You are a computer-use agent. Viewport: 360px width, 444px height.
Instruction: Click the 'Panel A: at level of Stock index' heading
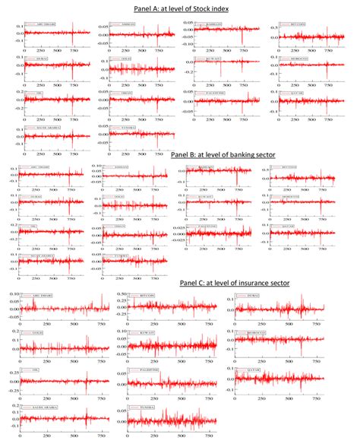[x=179, y=8]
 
